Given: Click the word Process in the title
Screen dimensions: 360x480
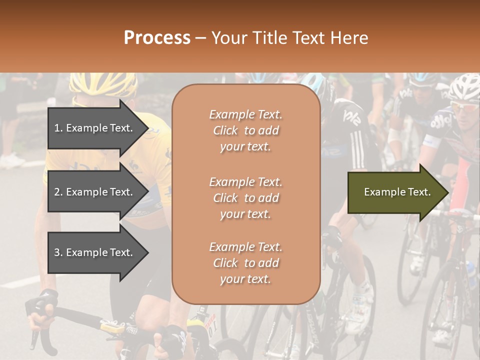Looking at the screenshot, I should click(157, 38).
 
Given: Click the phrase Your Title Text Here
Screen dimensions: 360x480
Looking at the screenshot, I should click(289, 38).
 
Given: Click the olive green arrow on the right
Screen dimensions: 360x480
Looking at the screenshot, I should click(395, 192).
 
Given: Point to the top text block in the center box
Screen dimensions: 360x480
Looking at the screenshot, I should click(245, 130).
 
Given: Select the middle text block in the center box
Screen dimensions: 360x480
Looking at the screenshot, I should click(245, 198).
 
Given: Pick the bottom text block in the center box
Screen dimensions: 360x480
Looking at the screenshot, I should click(245, 263).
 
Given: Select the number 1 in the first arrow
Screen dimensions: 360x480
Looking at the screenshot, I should click(57, 128).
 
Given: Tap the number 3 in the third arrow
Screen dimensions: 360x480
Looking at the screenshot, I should click(57, 252).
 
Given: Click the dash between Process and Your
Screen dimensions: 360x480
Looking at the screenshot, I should click(200, 38).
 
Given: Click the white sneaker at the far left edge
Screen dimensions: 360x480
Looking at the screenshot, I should click(11, 161).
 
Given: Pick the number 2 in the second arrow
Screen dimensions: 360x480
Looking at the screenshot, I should click(57, 192).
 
